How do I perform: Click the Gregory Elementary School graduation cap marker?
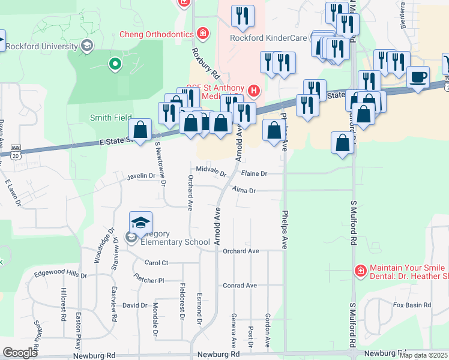140,223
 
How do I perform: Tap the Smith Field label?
111,118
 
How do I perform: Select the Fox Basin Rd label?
412,305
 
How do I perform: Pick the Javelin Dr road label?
141,176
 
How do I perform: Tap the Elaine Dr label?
253,173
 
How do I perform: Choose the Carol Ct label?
156,263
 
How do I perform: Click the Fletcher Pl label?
149,280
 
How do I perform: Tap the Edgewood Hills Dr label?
60,275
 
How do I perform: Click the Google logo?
20,353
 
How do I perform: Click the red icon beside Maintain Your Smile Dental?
360,271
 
